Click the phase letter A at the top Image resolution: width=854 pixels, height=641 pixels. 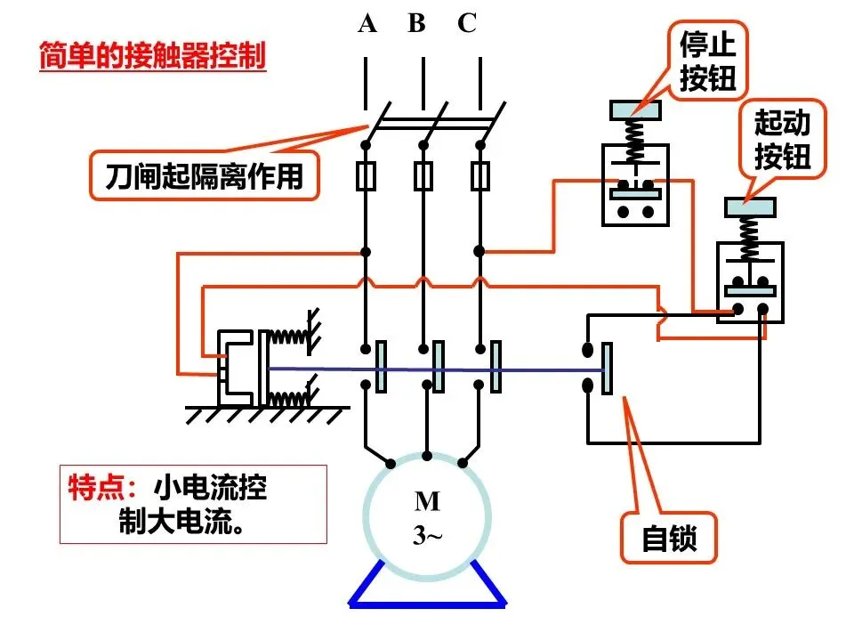[367, 23]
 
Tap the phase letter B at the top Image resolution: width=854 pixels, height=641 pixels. [416, 23]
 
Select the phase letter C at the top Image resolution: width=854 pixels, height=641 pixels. [467, 23]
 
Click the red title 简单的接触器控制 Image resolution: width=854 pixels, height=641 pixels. [152, 55]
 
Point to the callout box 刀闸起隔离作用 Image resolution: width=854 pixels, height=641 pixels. [205, 175]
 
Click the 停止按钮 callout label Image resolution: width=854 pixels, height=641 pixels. [707, 61]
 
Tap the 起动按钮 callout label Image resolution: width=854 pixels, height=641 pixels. [783, 139]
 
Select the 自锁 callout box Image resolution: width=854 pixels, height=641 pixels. [669, 538]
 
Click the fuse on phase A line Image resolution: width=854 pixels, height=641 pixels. [366, 176]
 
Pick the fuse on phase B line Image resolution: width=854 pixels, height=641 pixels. [423, 176]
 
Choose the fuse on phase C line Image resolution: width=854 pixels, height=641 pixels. [479, 176]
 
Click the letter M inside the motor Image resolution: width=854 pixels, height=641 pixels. [427, 501]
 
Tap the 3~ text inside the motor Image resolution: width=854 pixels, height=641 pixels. [427, 535]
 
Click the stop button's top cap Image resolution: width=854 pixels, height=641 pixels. [635, 110]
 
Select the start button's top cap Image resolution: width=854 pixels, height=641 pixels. [750, 207]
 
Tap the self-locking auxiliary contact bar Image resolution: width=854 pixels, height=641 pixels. [607, 368]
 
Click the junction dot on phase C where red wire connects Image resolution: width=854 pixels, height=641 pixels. [479, 251]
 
